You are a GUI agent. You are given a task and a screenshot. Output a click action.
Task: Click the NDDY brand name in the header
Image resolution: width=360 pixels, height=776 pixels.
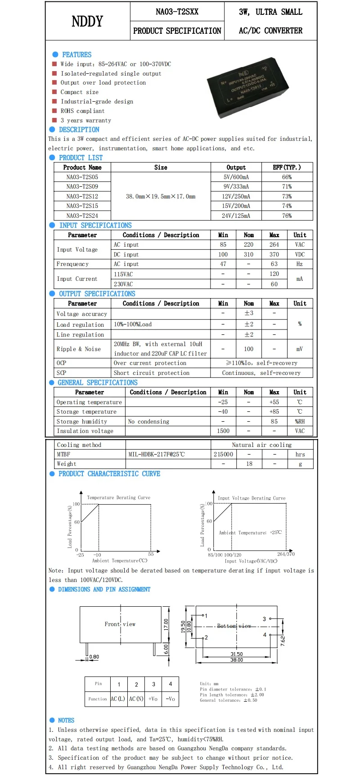click(x=87, y=21)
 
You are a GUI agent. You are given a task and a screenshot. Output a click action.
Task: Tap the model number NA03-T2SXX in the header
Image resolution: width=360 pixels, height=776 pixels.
click(x=177, y=12)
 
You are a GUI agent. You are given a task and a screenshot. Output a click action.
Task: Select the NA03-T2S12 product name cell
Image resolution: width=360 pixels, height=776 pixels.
click(x=82, y=196)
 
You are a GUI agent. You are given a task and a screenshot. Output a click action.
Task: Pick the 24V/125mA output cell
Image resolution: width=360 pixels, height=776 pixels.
click(x=236, y=216)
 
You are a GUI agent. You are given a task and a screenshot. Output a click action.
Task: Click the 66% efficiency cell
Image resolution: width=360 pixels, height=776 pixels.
click(x=287, y=177)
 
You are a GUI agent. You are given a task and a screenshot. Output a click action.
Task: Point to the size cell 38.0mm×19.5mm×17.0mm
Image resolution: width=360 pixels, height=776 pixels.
click(x=161, y=196)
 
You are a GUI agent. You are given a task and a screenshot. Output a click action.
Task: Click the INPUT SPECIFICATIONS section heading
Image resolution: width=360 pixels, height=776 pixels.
click(x=95, y=225)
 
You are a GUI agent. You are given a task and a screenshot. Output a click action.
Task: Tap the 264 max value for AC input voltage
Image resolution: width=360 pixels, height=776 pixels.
click(x=274, y=244)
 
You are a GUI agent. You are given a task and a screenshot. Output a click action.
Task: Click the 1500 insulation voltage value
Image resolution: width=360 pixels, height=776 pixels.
click(x=223, y=431)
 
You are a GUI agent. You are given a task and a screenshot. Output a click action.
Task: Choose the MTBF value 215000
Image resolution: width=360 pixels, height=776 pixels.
click(x=223, y=454)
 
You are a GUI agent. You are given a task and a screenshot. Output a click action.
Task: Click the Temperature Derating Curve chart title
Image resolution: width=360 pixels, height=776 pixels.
click(x=118, y=497)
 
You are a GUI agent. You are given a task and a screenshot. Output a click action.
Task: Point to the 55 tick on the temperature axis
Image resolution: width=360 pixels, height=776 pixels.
click(x=151, y=554)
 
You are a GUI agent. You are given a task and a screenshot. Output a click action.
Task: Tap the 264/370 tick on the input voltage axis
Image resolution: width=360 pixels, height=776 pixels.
click(x=286, y=554)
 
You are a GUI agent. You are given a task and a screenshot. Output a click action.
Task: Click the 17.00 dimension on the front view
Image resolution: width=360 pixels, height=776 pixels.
click(x=166, y=624)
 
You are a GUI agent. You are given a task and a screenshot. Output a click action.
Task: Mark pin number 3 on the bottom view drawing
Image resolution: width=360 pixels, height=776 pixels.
click(x=265, y=619)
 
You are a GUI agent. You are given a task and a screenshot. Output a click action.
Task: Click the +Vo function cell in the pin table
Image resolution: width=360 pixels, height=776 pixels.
click(x=153, y=699)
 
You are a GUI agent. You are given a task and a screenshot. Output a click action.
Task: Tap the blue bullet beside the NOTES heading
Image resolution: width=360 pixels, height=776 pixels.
click(x=52, y=720)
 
